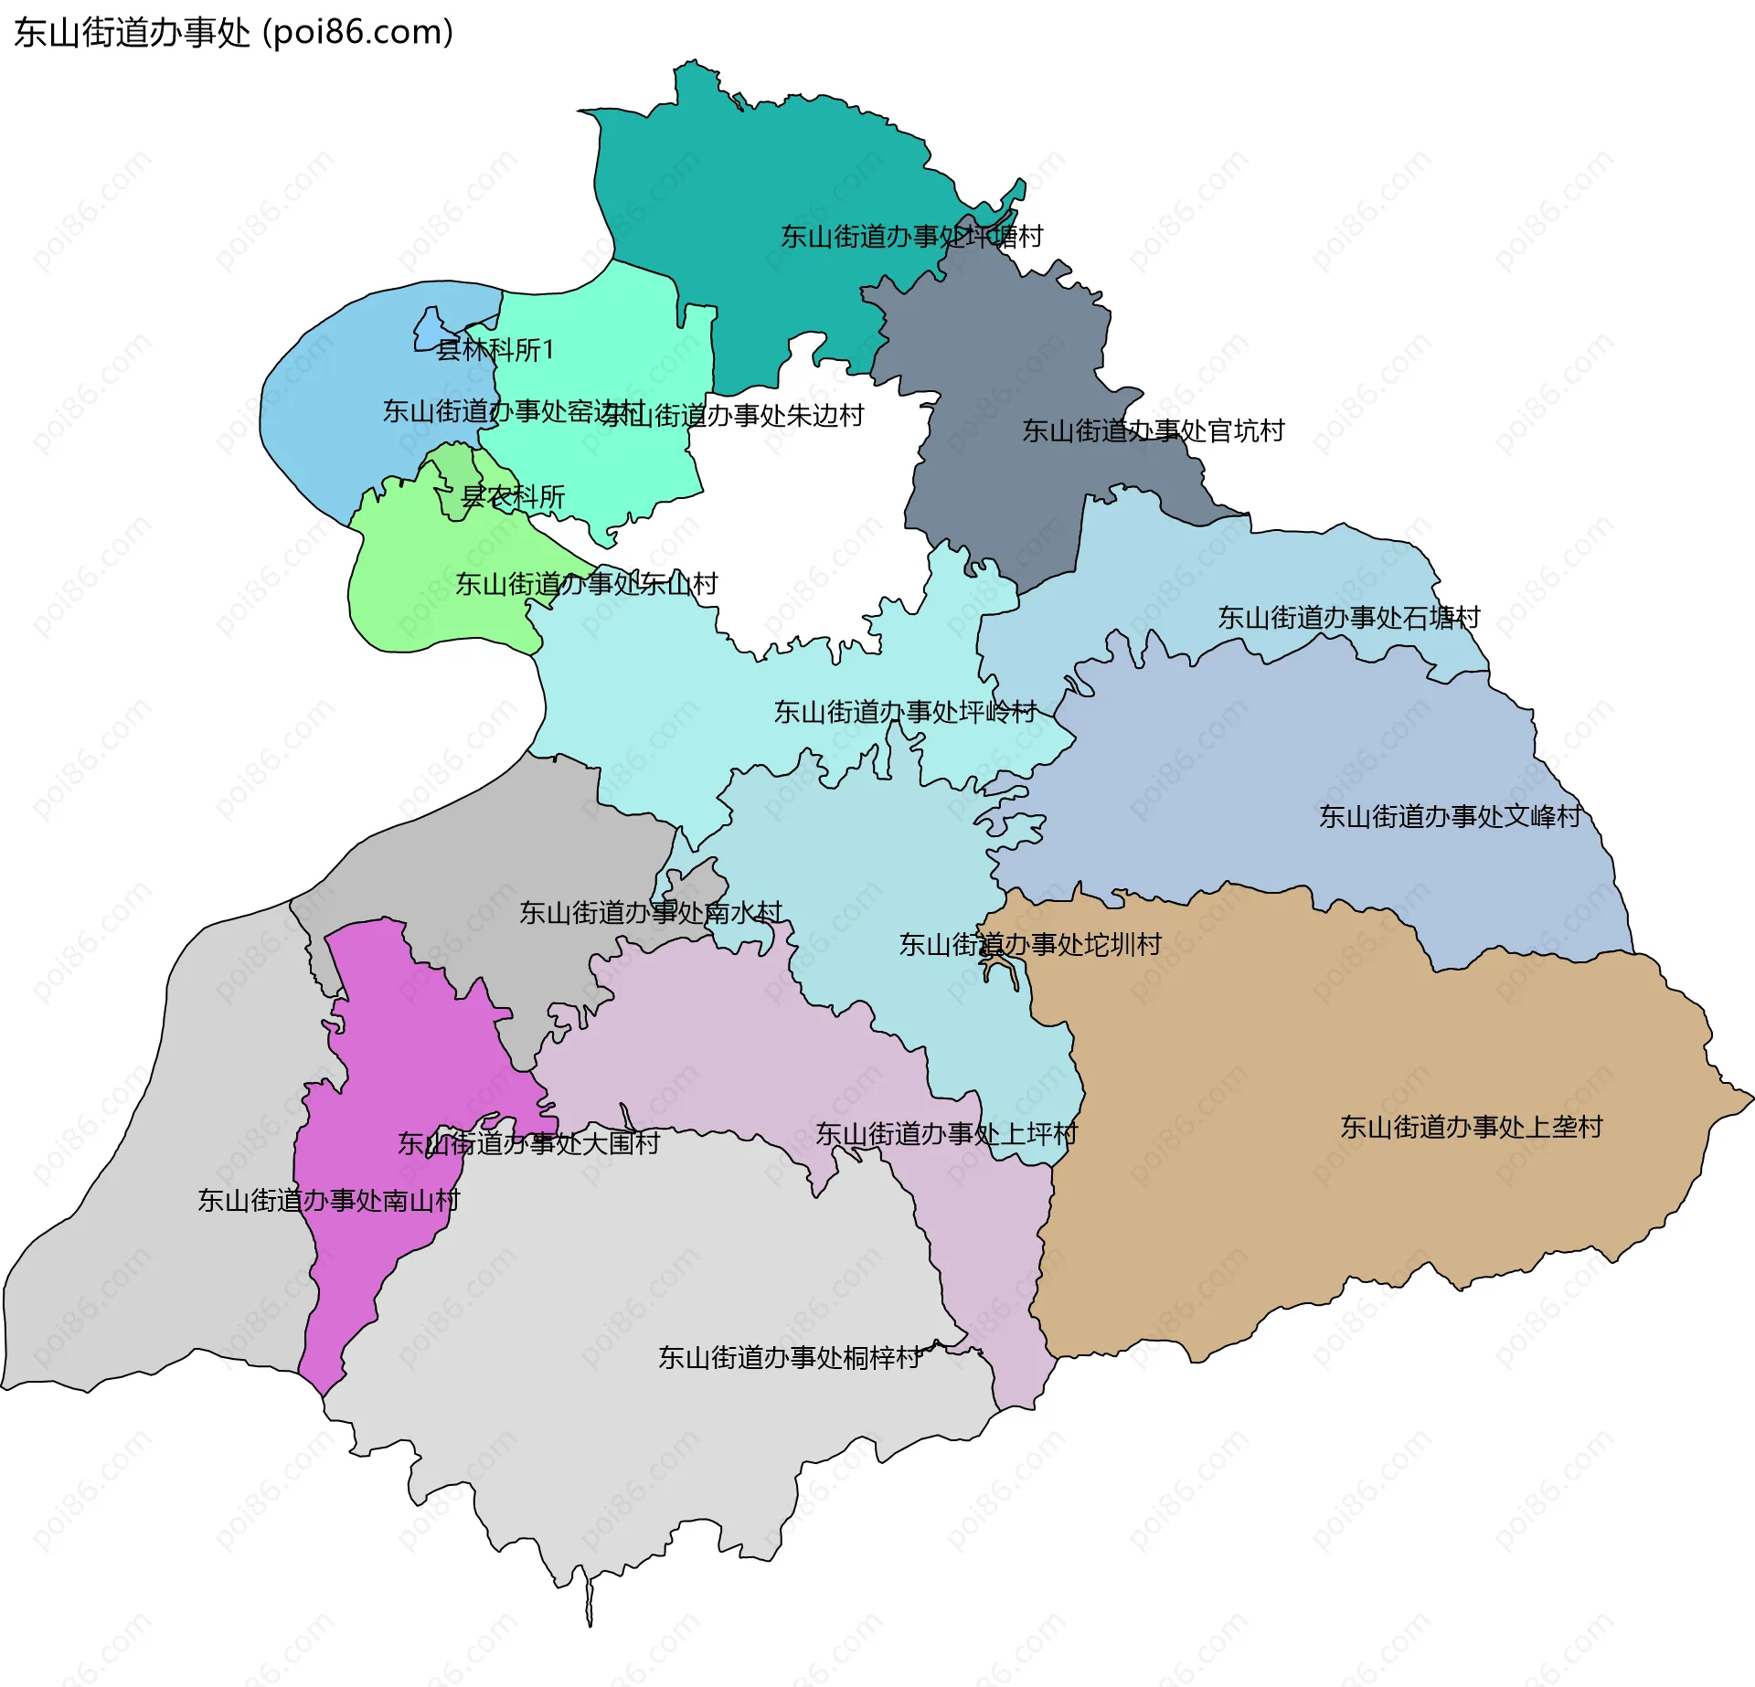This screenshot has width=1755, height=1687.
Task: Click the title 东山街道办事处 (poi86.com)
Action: point(233,33)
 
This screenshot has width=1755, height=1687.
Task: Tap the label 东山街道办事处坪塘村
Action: point(911,237)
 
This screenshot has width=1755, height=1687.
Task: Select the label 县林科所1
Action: point(495,350)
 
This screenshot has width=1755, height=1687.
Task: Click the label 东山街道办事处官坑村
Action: point(1153,430)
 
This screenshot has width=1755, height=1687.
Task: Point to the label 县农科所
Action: point(513,497)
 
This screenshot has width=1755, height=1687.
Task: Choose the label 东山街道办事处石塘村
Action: point(1348,618)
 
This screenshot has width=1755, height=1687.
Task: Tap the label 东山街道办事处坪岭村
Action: point(905,712)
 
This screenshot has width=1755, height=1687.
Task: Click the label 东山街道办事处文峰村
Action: point(1450,816)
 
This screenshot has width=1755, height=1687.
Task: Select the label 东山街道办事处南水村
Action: point(650,912)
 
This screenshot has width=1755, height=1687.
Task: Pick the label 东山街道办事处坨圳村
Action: point(1030,944)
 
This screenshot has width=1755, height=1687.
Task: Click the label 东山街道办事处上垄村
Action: point(1471,1127)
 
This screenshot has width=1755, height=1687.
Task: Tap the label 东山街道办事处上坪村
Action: point(946,1134)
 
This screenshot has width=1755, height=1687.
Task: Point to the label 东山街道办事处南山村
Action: point(328,1200)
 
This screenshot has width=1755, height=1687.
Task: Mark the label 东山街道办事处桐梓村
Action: point(790,1357)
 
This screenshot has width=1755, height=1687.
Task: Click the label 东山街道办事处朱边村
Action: point(733,416)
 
